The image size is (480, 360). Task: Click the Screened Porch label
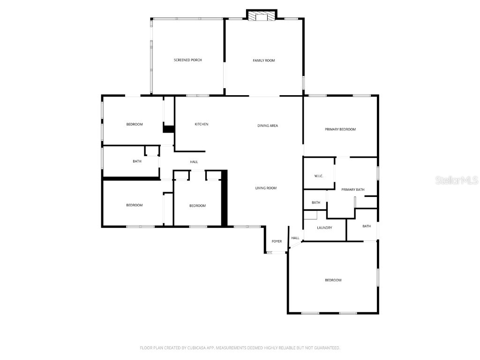coord(187,60)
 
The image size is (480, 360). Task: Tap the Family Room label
coord(264,60)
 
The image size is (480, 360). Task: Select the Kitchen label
coord(202,124)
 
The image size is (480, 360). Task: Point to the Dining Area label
coord(268,126)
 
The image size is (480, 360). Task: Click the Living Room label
coord(266,188)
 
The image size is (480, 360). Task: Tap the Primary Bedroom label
coord(340,129)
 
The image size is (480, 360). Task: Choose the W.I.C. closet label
coord(319,176)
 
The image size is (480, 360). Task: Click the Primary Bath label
coord(352,189)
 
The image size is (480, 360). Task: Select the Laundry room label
coord(324,228)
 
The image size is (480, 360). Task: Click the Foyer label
coord(277,241)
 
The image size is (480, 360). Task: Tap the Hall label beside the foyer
coord(295,238)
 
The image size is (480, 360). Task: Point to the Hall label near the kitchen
coord(194,162)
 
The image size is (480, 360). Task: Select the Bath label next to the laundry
coord(367,226)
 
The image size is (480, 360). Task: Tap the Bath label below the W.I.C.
coord(316,202)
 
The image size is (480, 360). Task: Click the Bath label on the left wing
coord(137,161)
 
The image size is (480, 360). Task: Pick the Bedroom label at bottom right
coord(333,280)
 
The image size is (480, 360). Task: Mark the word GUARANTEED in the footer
coord(324,348)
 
